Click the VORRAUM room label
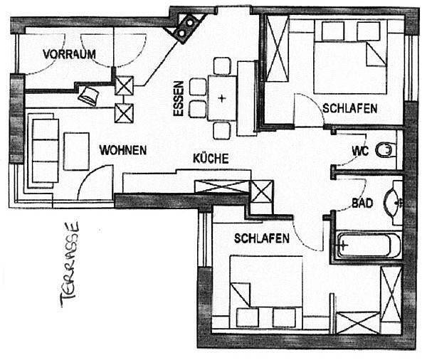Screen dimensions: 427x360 click(x=69, y=54)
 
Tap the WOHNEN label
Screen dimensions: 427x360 click(x=123, y=150)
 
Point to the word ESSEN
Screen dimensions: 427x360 click(x=179, y=99)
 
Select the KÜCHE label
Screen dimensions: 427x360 click(x=211, y=158)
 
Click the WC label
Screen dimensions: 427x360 click(x=360, y=151)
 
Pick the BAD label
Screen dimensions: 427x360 click(x=362, y=203)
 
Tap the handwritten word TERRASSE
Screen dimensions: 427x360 click(x=70, y=265)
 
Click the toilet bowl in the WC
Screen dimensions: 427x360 click(x=384, y=150)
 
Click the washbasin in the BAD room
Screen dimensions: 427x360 click(x=392, y=202)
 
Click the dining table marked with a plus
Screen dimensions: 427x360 click(x=222, y=98)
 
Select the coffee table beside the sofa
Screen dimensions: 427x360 click(x=77, y=152)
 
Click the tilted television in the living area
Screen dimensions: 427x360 click(x=88, y=96)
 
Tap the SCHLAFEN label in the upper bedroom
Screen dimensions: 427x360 click(x=350, y=108)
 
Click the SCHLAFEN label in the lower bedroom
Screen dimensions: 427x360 click(x=261, y=238)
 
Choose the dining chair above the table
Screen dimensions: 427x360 click(x=222, y=66)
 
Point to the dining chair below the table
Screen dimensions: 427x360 click(x=221, y=131)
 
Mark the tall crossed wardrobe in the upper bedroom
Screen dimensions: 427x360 click(x=277, y=48)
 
